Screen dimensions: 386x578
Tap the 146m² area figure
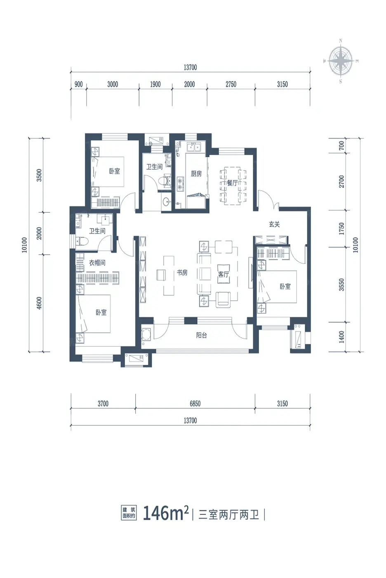coord(166,513)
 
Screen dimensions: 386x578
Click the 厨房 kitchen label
coord(196,174)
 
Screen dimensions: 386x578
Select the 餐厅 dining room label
coord(232,183)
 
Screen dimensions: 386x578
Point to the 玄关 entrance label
coord(274,224)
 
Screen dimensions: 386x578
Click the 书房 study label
coord(182,272)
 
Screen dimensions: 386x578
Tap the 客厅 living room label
coord(224,274)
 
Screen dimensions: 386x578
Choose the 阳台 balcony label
coord(201,335)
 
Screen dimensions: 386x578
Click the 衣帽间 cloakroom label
coord(97,263)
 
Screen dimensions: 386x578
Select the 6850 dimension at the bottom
coord(195,404)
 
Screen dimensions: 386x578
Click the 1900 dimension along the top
coord(155,84)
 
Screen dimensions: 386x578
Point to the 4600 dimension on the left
coord(39,303)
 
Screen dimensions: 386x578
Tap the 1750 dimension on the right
coord(341,229)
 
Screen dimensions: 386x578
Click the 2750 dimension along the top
coord(231,84)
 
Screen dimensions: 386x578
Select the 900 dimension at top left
coord(79,84)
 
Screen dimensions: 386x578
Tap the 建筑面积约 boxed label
coord(129,513)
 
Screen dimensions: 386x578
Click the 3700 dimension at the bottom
coord(103,404)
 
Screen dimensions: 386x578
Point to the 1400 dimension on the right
coord(341,337)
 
